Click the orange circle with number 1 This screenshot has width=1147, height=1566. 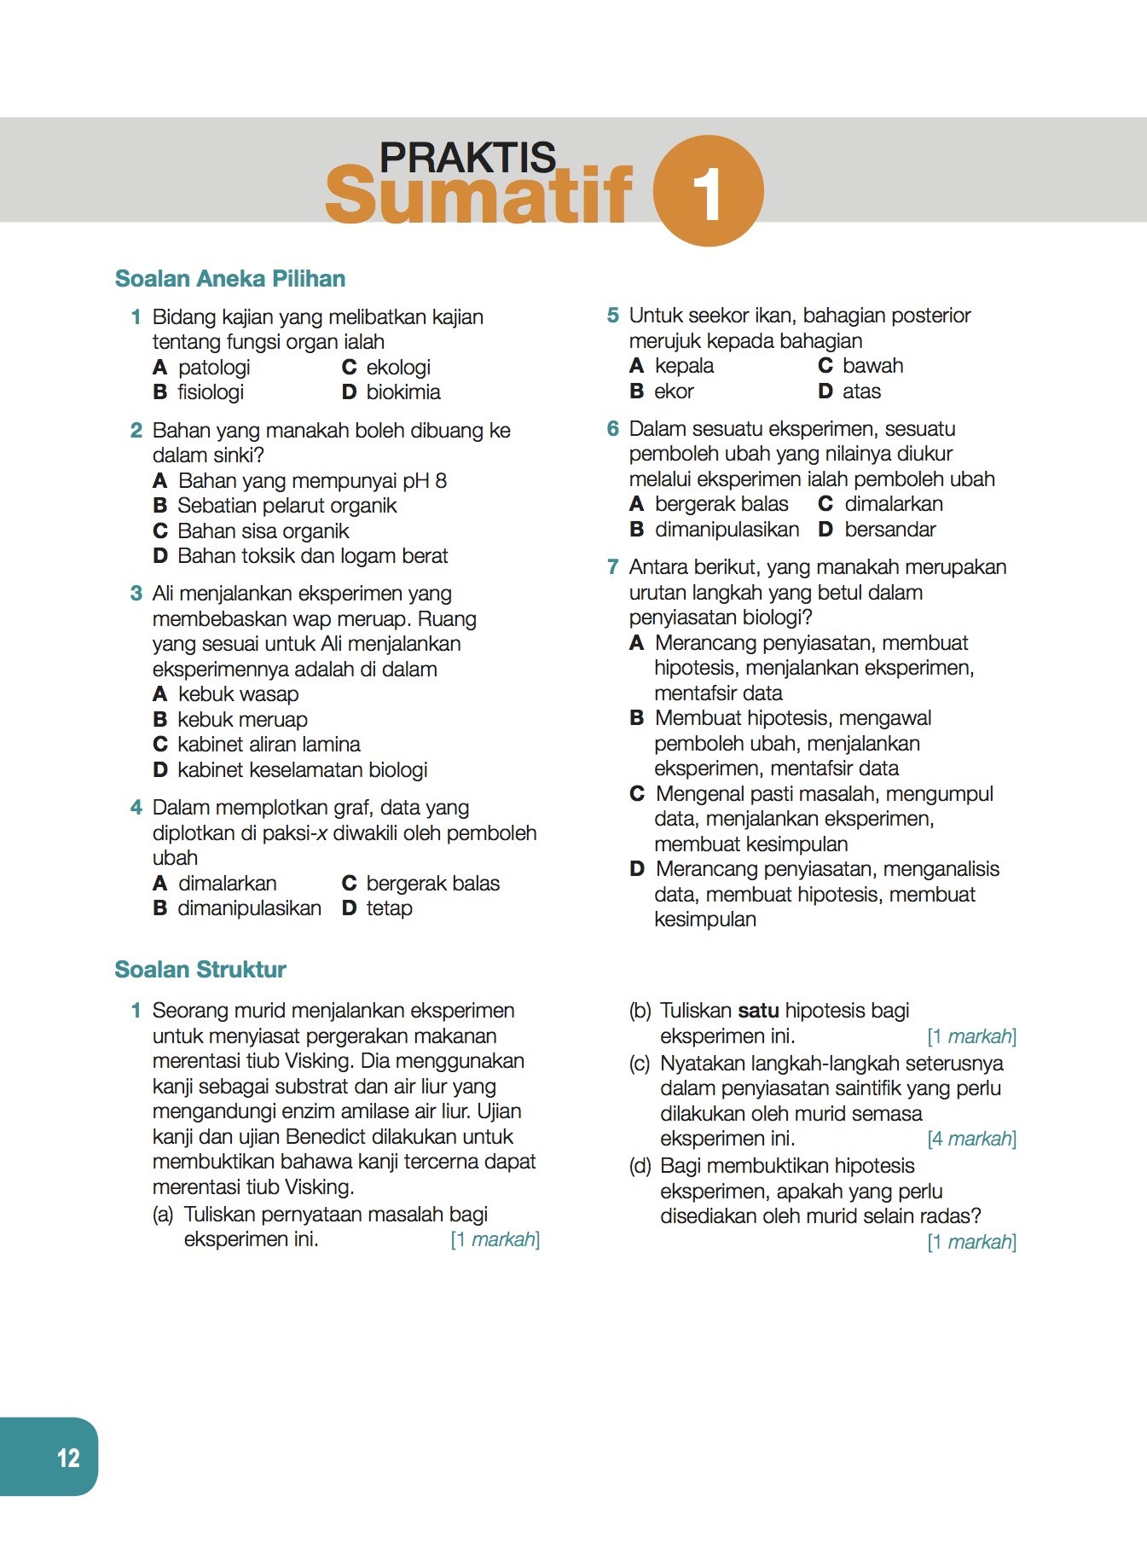pyautogui.click(x=708, y=190)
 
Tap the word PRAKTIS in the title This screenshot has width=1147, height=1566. pyautogui.click(x=467, y=158)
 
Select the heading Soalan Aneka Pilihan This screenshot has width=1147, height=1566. pyautogui.click(x=230, y=279)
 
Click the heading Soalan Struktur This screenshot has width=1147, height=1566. pyautogui.click(x=200, y=970)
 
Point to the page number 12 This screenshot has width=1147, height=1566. pyautogui.click(x=68, y=1458)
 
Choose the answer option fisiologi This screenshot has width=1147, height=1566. pyautogui.click(x=211, y=392)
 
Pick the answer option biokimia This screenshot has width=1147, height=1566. pyautogui.click(x=403, y=392)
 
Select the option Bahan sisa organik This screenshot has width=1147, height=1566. pyautogui.click(x=264, y=531)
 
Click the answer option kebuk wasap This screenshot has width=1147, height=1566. pyautogui.click(x=239, y=694)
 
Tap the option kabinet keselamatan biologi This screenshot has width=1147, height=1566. pyautogui.click(x=303, y=770)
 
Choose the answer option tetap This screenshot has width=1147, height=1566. pyautogui.click(x=389, y=908)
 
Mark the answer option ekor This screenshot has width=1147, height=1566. pyautogui.click(x=674, y=391)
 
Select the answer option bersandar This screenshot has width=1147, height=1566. pyautogui.click(x=890, y=530)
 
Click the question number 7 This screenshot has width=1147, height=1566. pyautogui.click(x=612, y=567)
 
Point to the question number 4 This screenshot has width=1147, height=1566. pyautogui.click(x=136, y=808)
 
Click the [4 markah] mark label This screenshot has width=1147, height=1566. pyautogui.click(x=971, y=1139)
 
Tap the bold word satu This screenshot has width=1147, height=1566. pyautogui.click(x=758, y=1011)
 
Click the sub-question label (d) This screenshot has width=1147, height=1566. pyautogui.click(x=640, y=1166)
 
